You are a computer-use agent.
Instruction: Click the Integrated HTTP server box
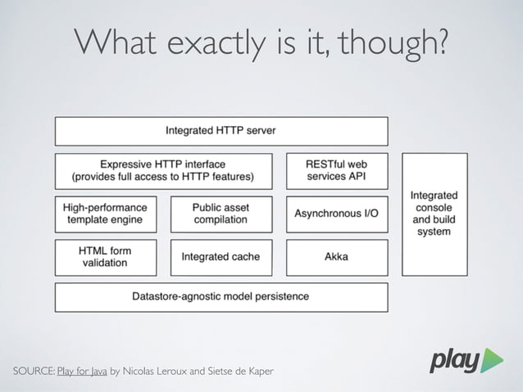point(221,131)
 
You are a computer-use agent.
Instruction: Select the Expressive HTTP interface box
point(163,170)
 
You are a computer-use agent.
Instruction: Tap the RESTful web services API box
point(337,170)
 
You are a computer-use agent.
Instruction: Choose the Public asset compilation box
point(221,214)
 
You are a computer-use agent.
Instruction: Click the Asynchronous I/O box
point(337,214)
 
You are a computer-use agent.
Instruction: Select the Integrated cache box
point(221,257)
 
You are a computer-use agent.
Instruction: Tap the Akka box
point(337,257)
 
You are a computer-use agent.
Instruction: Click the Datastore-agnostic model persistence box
point(221,296)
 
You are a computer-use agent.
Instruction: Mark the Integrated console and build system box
point(434,214)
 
